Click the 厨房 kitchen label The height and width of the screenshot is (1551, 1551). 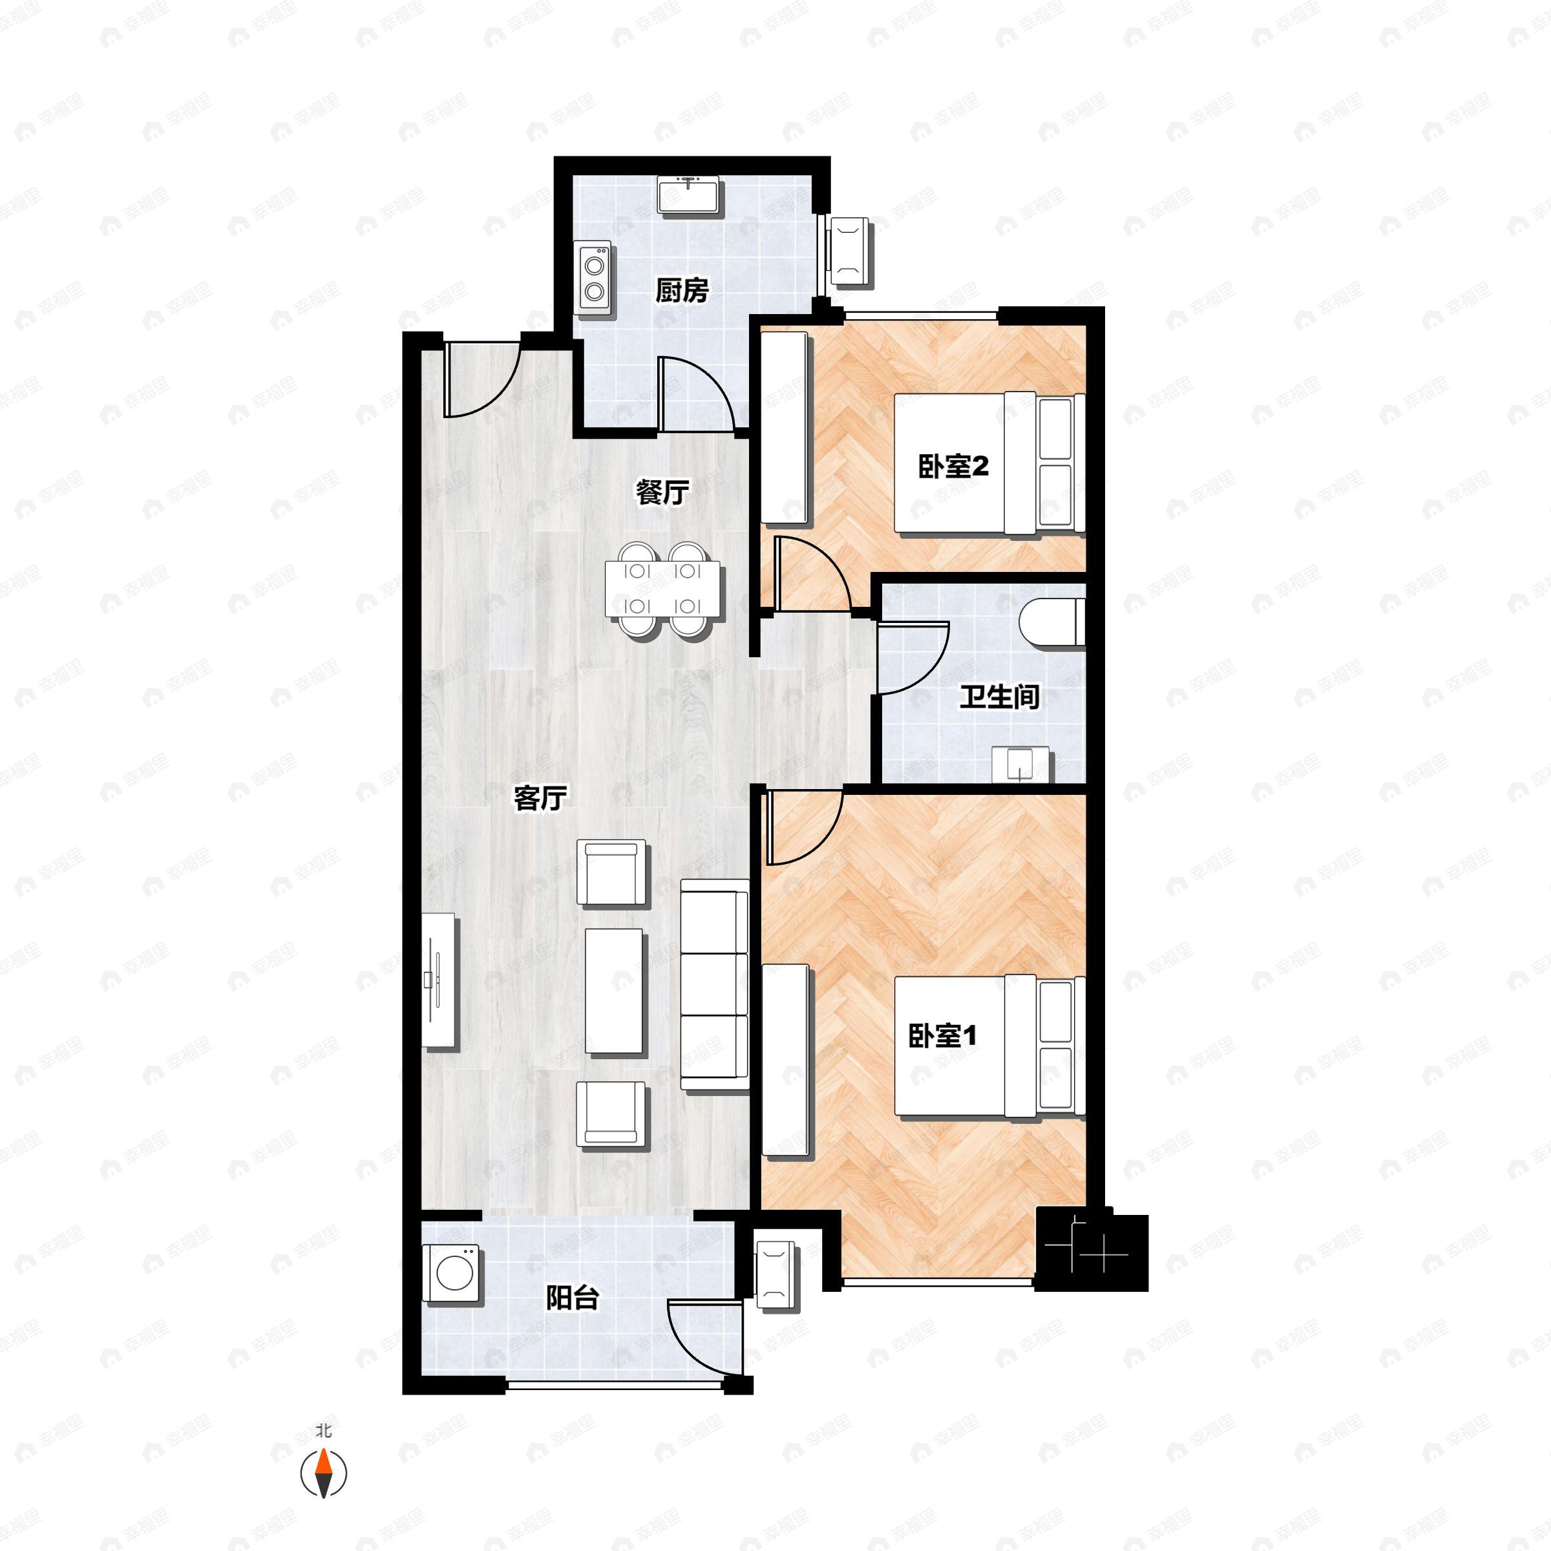pos(682,291)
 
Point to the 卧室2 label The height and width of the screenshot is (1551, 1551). pos(953,467)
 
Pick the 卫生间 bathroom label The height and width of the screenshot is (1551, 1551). pos(1000,697)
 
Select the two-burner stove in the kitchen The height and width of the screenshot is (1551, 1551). pos(595,277)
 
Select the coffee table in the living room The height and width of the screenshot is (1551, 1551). pos(614,991)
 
